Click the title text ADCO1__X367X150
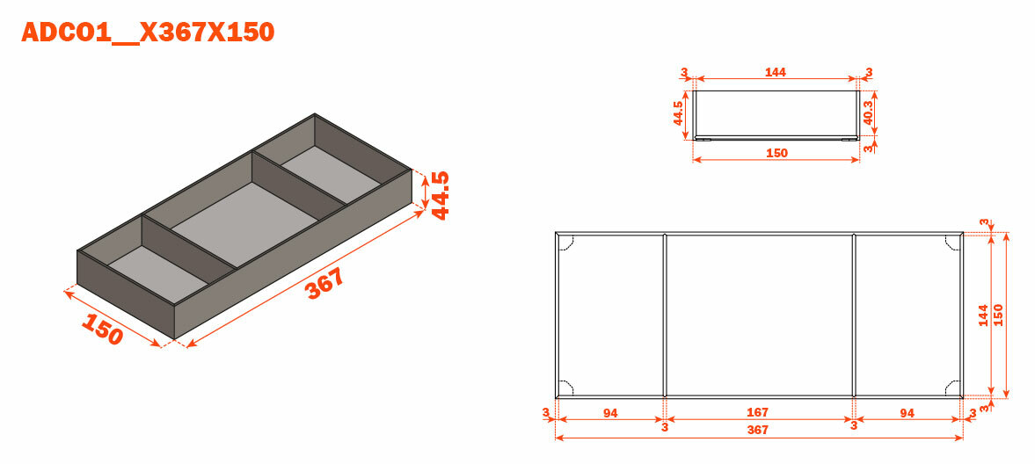(x=148, y=32)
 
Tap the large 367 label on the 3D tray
(x=325, y=283)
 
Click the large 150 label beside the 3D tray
(x=102, y=328)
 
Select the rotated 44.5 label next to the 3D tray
(x=440, y=195)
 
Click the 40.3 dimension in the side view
(x=869, y=113)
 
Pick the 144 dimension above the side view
(x=776, y=72)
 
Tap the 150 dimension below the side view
(x=777, y=153)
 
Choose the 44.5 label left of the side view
(x=678, y=113)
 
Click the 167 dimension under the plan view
(x=758, y=412)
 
